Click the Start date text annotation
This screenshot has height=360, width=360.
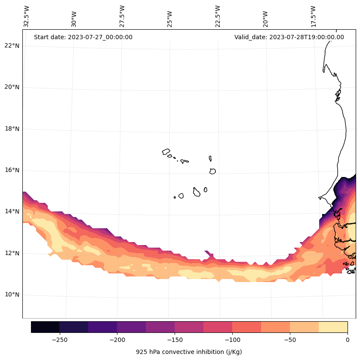point(83,37)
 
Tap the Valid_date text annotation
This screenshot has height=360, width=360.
point(289,37)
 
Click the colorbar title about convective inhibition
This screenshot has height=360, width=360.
point(189,352)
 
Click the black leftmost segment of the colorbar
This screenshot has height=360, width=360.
point(45,327)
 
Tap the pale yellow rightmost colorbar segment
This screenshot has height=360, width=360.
point(333,327)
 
